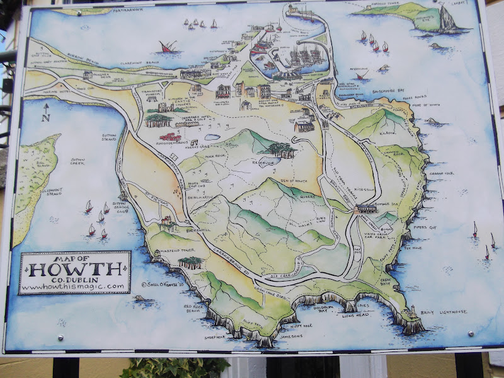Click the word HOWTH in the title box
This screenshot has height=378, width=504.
click(x=75, y=269)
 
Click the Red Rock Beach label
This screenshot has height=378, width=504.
click(x=192, y=309)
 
